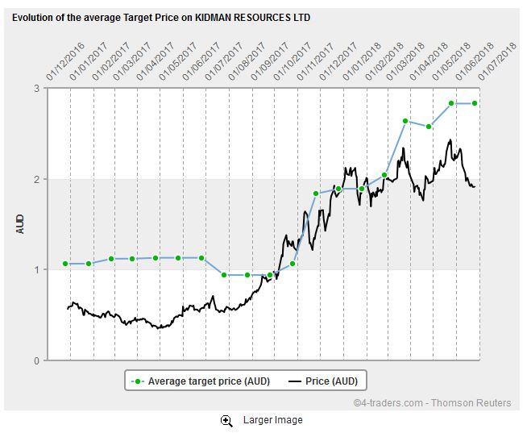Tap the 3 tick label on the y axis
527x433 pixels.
[37, 88]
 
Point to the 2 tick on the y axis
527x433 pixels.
[37, 179]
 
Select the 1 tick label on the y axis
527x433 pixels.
[37, 270]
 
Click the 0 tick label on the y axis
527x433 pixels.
[37, 360]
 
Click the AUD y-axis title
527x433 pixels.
[21, 223]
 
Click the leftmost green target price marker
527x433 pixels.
[65, 264]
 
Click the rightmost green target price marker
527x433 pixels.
[475, 103]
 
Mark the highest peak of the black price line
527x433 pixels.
[449, 140]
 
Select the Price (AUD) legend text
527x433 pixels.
[330, 381]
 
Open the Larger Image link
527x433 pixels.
[272, 420]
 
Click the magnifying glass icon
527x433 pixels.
[227, 420]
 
